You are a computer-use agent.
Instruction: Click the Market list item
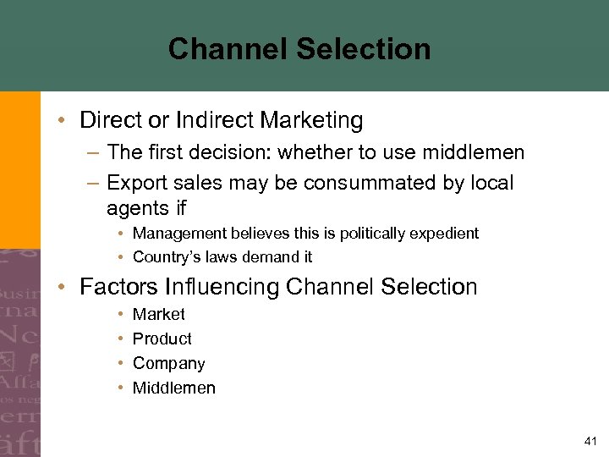[x=159, y=314]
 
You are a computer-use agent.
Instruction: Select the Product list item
[x=162, y=339]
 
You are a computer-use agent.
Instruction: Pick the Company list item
[x=169, y=364]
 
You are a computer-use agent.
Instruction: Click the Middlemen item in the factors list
[x=174, y=388]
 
